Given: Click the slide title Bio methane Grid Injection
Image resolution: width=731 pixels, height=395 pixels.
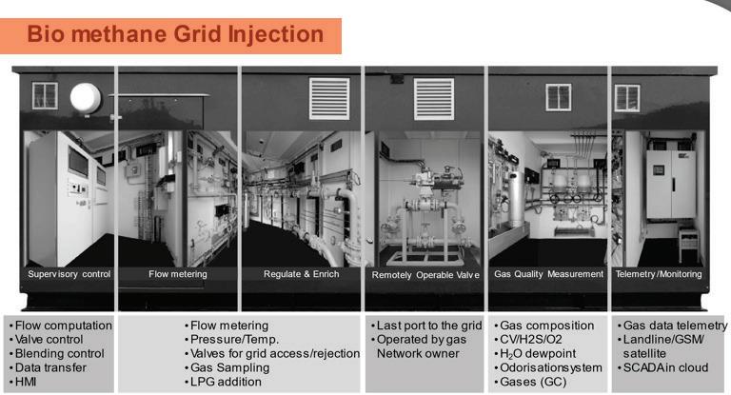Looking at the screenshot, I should (176, 35).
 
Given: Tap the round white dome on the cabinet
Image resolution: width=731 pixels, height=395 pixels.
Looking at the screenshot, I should (86, 97).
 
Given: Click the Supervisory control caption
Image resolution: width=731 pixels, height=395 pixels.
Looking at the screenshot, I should (69, 274).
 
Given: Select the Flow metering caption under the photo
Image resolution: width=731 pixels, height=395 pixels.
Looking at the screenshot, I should (178, 274).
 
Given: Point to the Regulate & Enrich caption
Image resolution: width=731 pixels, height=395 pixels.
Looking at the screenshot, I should (302, 274).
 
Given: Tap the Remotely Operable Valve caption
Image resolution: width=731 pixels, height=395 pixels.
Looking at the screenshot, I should (425, 275).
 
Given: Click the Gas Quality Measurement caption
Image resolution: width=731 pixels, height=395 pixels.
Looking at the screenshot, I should (548, 274).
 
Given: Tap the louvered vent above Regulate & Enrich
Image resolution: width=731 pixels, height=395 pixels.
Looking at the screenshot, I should (329, 99).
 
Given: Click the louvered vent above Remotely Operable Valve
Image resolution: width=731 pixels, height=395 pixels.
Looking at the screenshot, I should (433, 99).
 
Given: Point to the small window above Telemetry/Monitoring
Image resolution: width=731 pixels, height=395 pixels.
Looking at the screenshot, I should (627, 98).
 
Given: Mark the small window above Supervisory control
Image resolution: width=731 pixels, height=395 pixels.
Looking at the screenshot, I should (45, 95).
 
